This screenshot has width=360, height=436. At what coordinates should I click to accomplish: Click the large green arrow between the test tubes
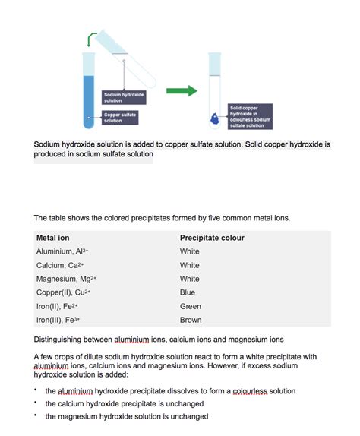(x=181, y=90)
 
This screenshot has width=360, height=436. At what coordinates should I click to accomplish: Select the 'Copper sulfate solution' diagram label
(x=120, y=117)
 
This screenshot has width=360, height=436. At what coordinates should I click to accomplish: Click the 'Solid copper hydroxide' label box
(x=250, y=116)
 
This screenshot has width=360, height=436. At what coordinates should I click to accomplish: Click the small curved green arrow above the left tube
(x=93, y=37)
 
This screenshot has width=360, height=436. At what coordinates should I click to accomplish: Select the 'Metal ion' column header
(x=53, y=238)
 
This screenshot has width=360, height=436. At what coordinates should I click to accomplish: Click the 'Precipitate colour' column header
(x=212, y=238)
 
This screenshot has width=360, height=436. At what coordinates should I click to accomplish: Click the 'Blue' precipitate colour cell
(x=188, y=292)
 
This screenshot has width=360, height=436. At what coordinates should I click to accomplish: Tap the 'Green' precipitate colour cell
(x=191, y=306)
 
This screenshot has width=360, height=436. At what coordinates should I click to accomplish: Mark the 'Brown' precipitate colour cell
(x=191, y=320)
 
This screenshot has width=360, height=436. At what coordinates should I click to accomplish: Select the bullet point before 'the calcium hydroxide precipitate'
(x=36, y=403)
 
